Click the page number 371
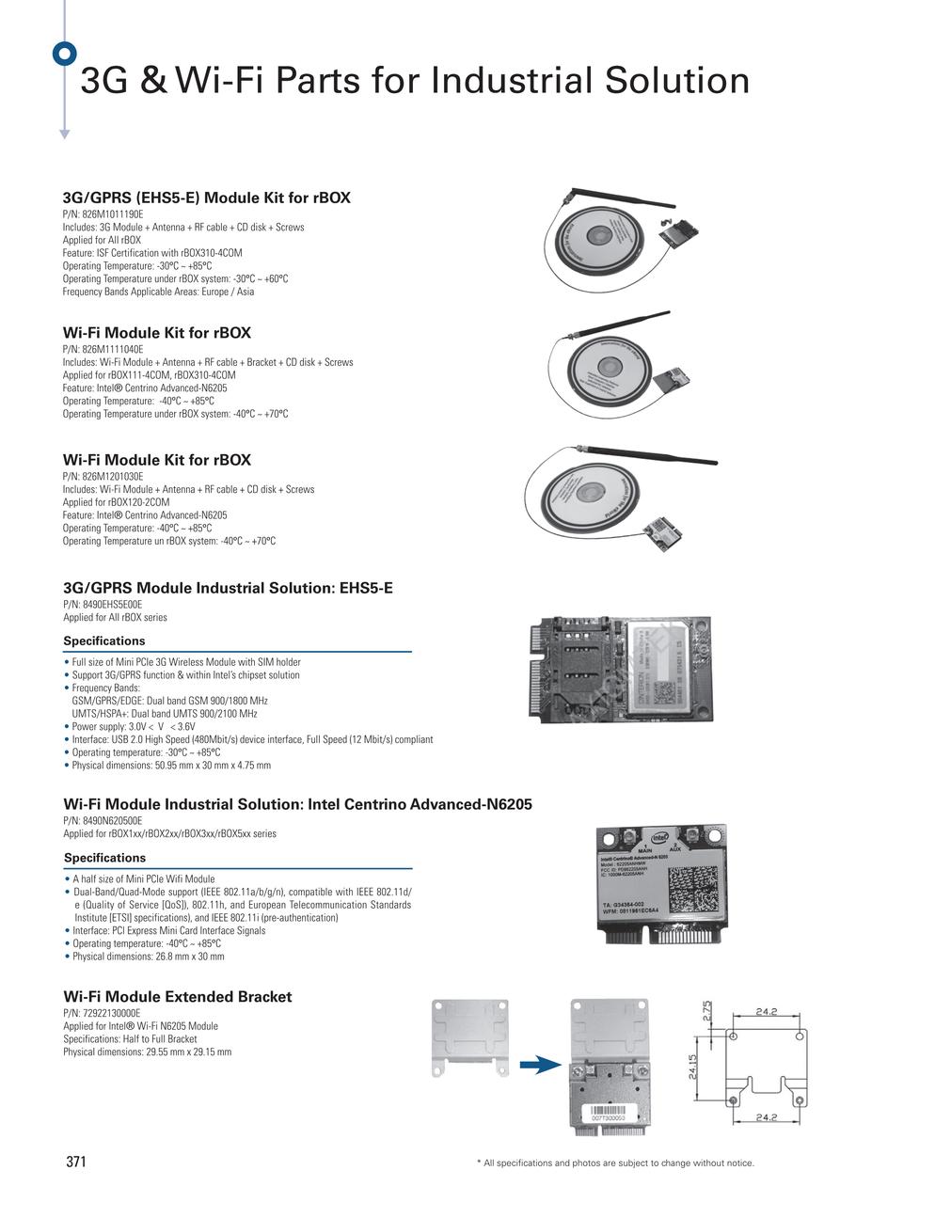75,1162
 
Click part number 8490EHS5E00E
103,605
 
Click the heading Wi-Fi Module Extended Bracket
177,996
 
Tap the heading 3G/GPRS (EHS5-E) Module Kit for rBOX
206,198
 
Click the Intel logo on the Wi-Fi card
660,837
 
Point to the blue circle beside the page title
64,54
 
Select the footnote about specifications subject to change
615,1163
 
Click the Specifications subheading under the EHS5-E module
103,641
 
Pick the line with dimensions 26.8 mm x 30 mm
148,957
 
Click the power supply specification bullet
133,726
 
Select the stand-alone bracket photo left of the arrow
469,1036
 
